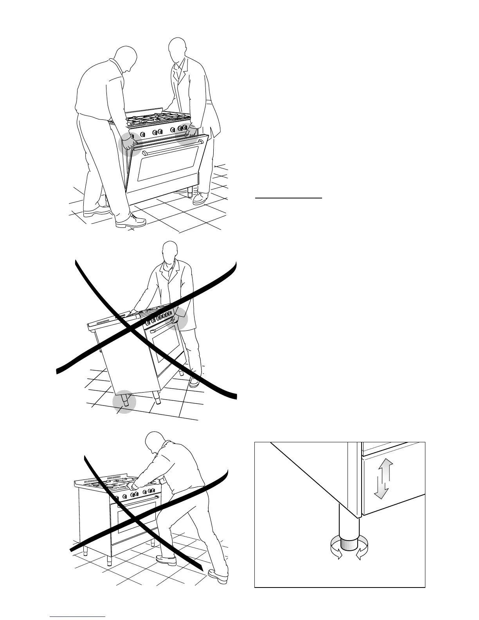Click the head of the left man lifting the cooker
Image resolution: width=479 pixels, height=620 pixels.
click(x=126, y=59)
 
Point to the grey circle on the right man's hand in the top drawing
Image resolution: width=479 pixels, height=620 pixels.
click(x=188, y=133)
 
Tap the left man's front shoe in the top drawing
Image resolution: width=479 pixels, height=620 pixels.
click(x=131, y=222)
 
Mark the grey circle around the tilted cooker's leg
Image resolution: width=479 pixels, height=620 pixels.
click(x=124, y=402)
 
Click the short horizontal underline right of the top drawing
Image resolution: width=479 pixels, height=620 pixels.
click(x=288, y=198)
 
